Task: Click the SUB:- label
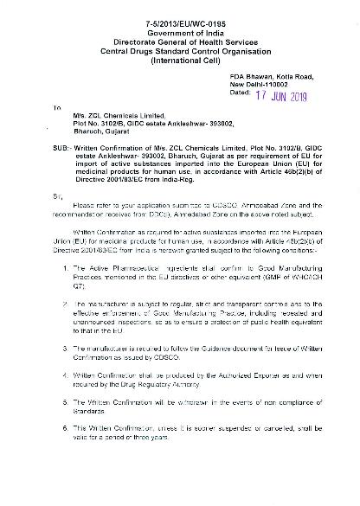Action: pos(62,163)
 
